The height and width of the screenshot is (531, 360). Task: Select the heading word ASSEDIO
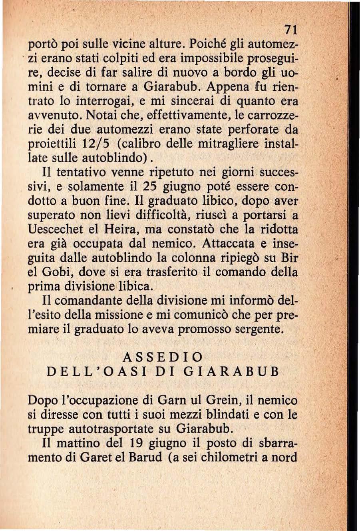tap(162, 357)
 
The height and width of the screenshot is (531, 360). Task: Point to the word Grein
tap(221, 400)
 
